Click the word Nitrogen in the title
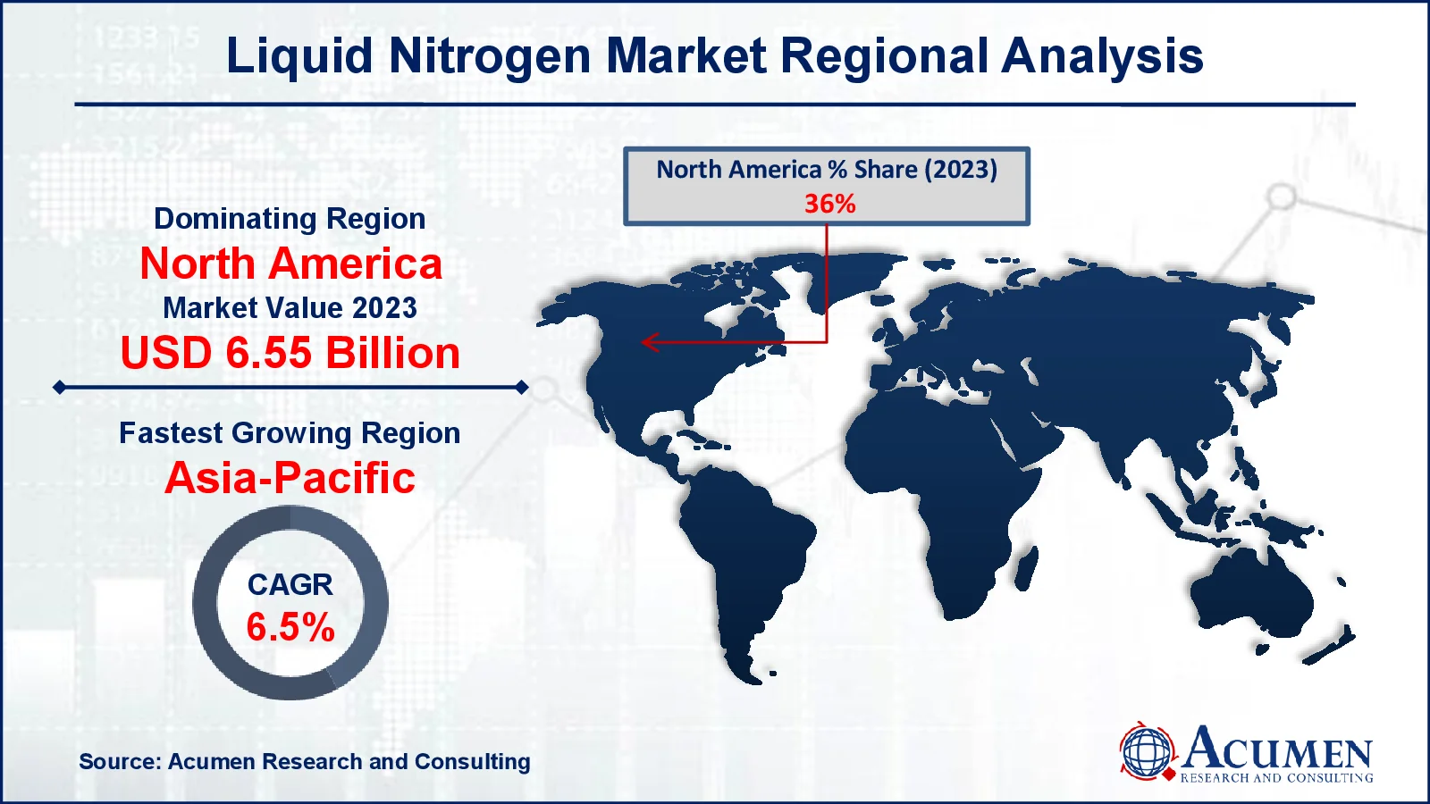tap(490, 55)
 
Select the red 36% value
tap(829, 204)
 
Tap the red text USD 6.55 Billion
tap(290, 353)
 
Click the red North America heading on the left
tap(290, 264)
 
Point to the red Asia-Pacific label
tap(290, 478)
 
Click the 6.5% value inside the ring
tap(290, 627)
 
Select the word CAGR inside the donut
tap(290, 584)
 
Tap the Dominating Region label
tap(290, 219)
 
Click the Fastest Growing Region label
tap(290, 433)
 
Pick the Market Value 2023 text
tap(290, 308)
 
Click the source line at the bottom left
tap(304, 762)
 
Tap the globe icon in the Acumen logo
tap(1147, 751)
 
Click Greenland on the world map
tap(804, 272)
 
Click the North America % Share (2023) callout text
tap(827, 170)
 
